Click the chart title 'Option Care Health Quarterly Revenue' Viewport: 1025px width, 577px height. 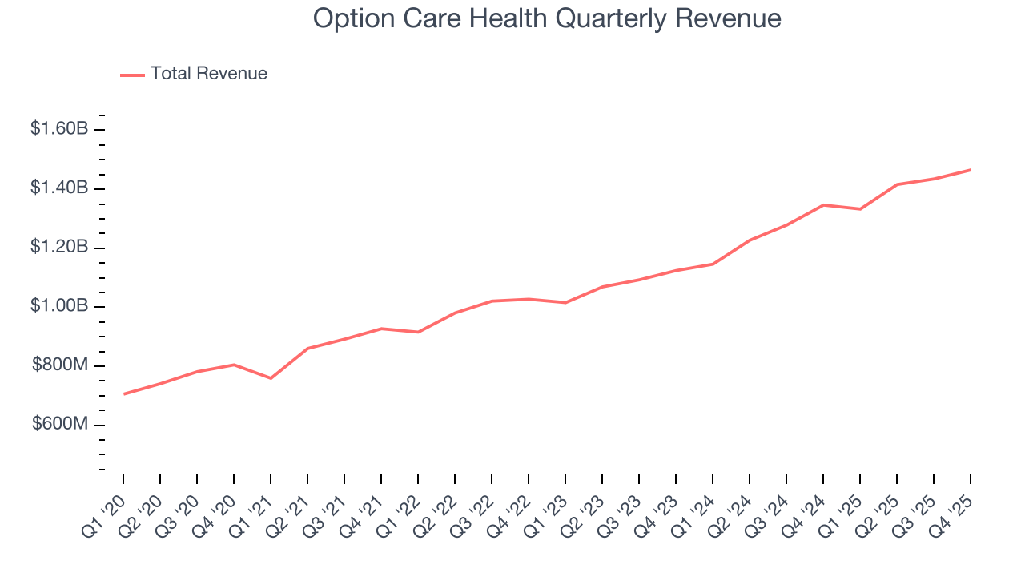tap(547, 18)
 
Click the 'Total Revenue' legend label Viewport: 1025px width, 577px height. tap(208, 74)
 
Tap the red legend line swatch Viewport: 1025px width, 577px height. tap(132, 75)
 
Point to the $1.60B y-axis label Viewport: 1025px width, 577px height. tap(59, 128)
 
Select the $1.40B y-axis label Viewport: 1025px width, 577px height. tap(59, 188)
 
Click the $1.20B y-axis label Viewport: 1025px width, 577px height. tap(59, 247)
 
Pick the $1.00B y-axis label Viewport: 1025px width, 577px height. tap(59, 306)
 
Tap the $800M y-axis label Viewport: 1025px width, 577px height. tap(60, 365)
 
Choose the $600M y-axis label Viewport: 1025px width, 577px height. tap(60, 424)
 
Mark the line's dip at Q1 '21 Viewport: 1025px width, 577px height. tap(271, 378)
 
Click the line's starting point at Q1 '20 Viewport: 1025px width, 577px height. tap(123, 393)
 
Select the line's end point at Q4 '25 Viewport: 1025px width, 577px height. tap(971, 170)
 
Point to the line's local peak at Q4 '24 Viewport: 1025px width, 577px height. tap(823, 205)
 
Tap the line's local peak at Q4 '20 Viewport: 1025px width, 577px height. tap(234, 365)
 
